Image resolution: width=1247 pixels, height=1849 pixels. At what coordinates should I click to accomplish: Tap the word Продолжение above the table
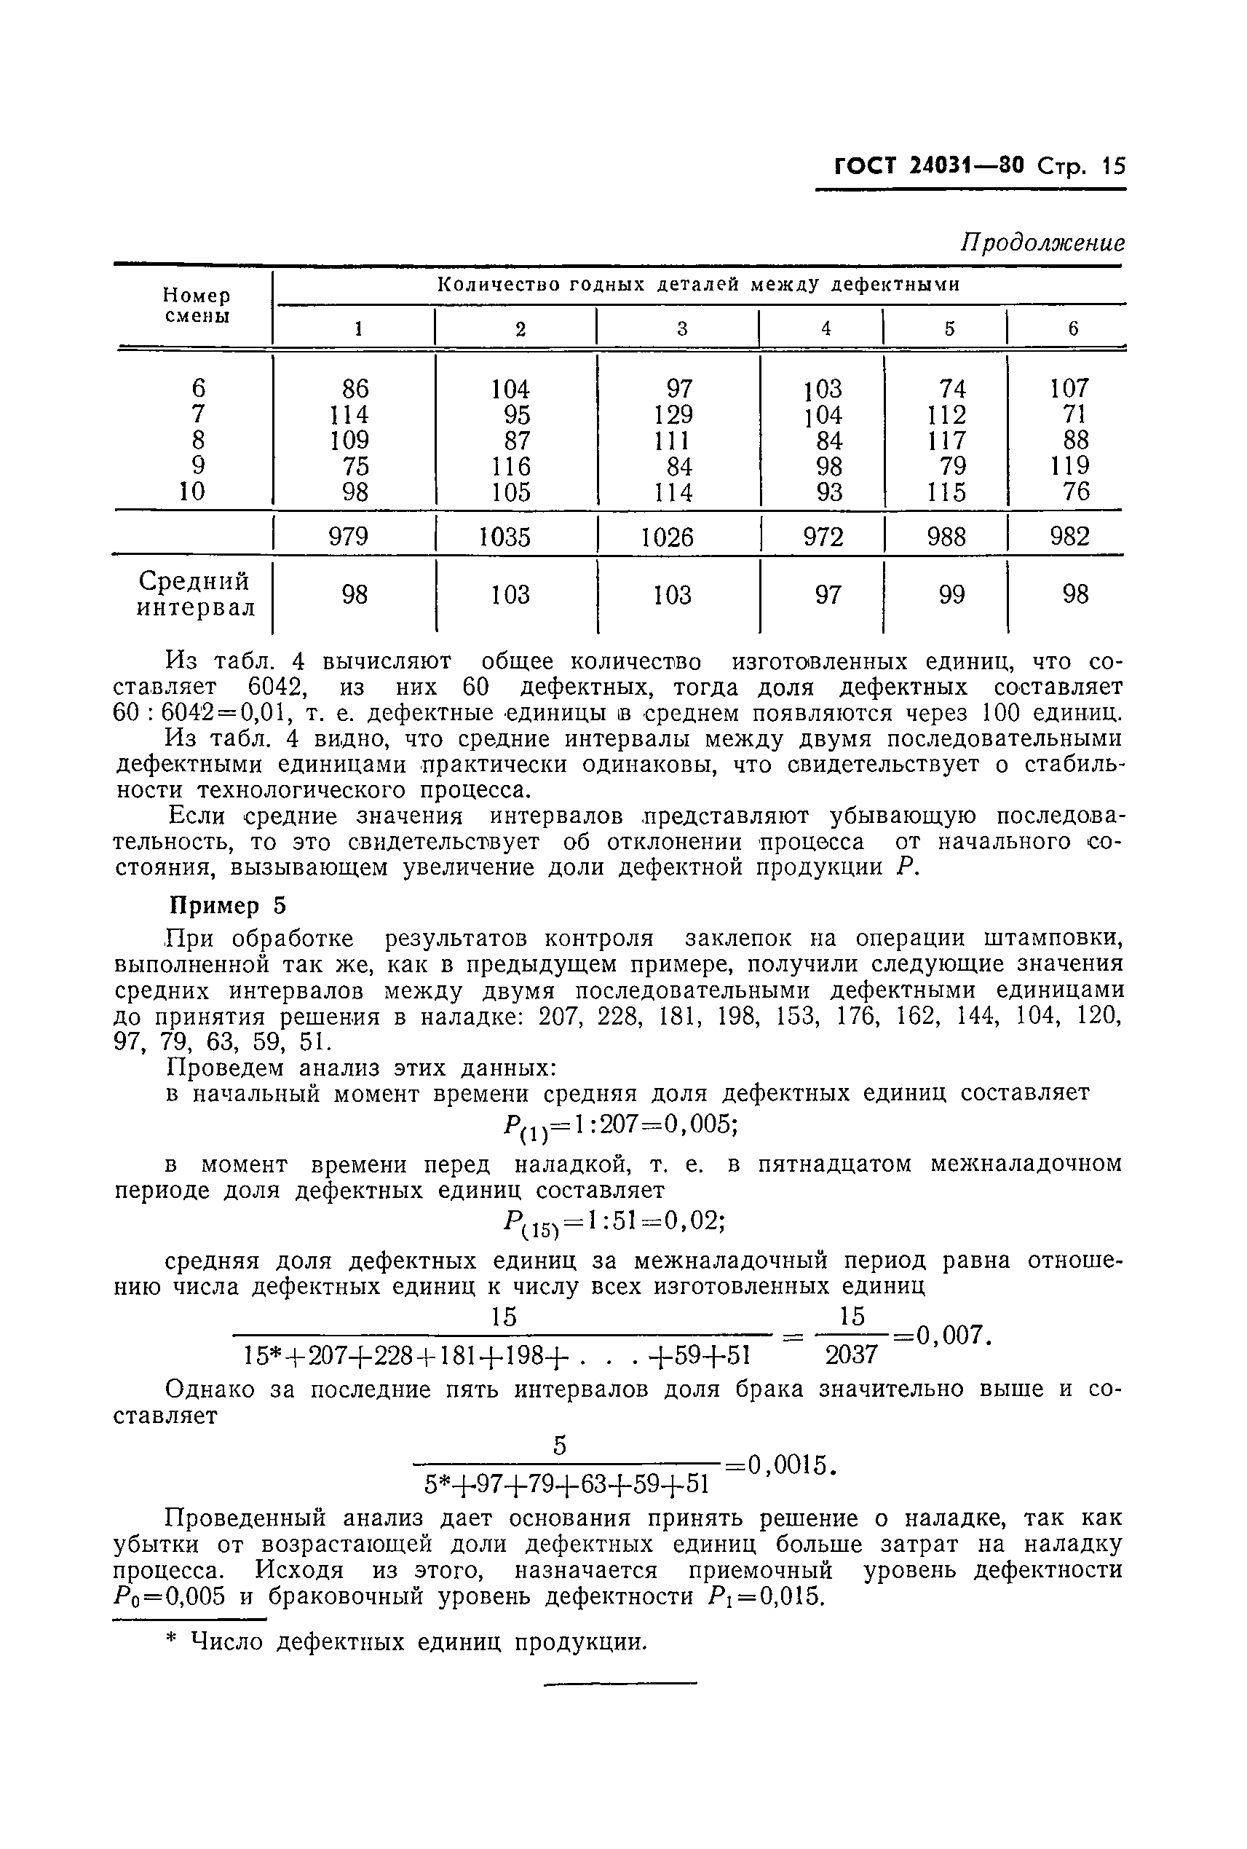coord(1042,242)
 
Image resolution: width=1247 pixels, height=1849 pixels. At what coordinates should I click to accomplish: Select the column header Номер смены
coord(197,306)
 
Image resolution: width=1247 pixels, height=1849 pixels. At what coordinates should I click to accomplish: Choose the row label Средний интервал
coord(196,595)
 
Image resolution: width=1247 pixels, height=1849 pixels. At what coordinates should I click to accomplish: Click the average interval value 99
coord(951,594)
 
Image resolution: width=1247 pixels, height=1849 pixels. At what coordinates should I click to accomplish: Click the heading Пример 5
coord(226,905)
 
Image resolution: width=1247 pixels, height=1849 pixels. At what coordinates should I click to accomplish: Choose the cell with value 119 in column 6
coord(1069,466)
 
